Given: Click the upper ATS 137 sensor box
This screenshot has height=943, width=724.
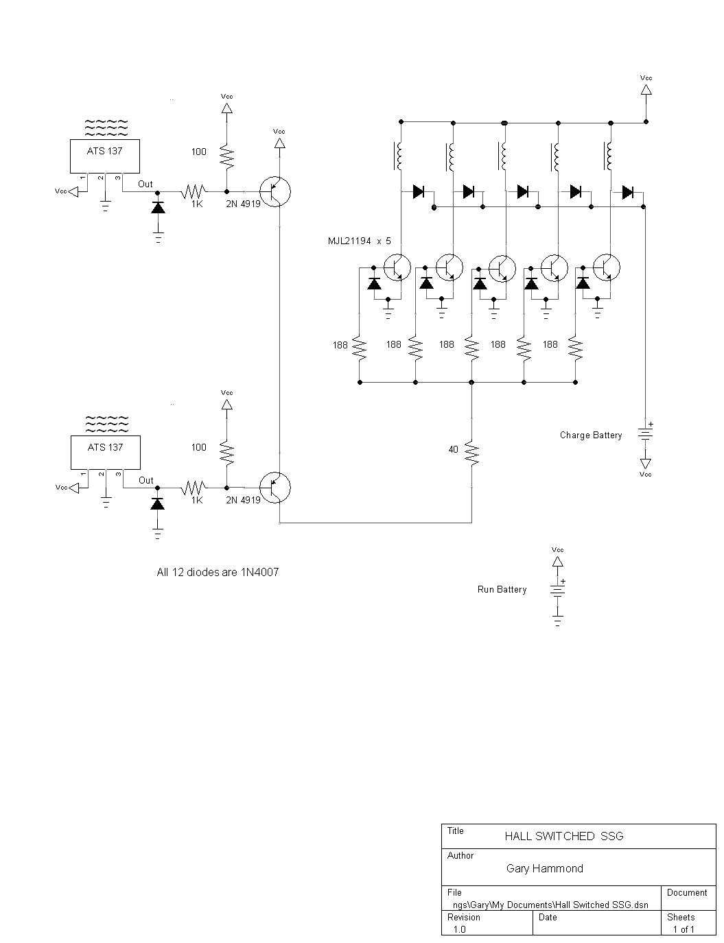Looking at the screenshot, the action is (104, 156).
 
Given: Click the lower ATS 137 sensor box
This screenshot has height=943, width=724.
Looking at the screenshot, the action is (106, 452).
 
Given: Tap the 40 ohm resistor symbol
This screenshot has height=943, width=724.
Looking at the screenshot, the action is (472, 453).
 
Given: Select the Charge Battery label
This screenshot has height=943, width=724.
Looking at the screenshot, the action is (591, 435).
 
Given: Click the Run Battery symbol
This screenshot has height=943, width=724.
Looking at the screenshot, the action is (558, 590).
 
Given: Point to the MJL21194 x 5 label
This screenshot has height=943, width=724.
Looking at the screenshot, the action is (360, 241).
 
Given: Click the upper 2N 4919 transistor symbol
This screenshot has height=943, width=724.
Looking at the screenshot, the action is (275, 191).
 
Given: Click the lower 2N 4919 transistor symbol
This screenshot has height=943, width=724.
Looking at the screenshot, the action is (275, 488).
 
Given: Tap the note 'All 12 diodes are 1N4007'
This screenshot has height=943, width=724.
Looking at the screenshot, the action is (218, 572).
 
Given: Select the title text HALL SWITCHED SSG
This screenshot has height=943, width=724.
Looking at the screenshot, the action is (564, 836).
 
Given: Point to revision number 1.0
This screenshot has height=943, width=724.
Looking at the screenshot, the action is (459, 929).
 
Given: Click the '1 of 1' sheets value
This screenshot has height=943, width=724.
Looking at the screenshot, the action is (684, 929).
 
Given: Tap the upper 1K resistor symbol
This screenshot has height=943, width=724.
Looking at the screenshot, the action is (194, 191).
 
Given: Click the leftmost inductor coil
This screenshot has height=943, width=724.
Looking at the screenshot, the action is (399, 156).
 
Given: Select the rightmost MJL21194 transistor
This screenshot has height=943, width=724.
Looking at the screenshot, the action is (607, 267).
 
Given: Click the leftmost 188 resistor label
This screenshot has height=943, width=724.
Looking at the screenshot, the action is (340, 345).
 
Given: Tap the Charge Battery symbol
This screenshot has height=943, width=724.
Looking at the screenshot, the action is (646, 433).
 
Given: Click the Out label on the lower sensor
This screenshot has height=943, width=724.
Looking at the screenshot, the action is (146, 480).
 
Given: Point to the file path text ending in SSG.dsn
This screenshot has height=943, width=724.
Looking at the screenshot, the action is (550, 905).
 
